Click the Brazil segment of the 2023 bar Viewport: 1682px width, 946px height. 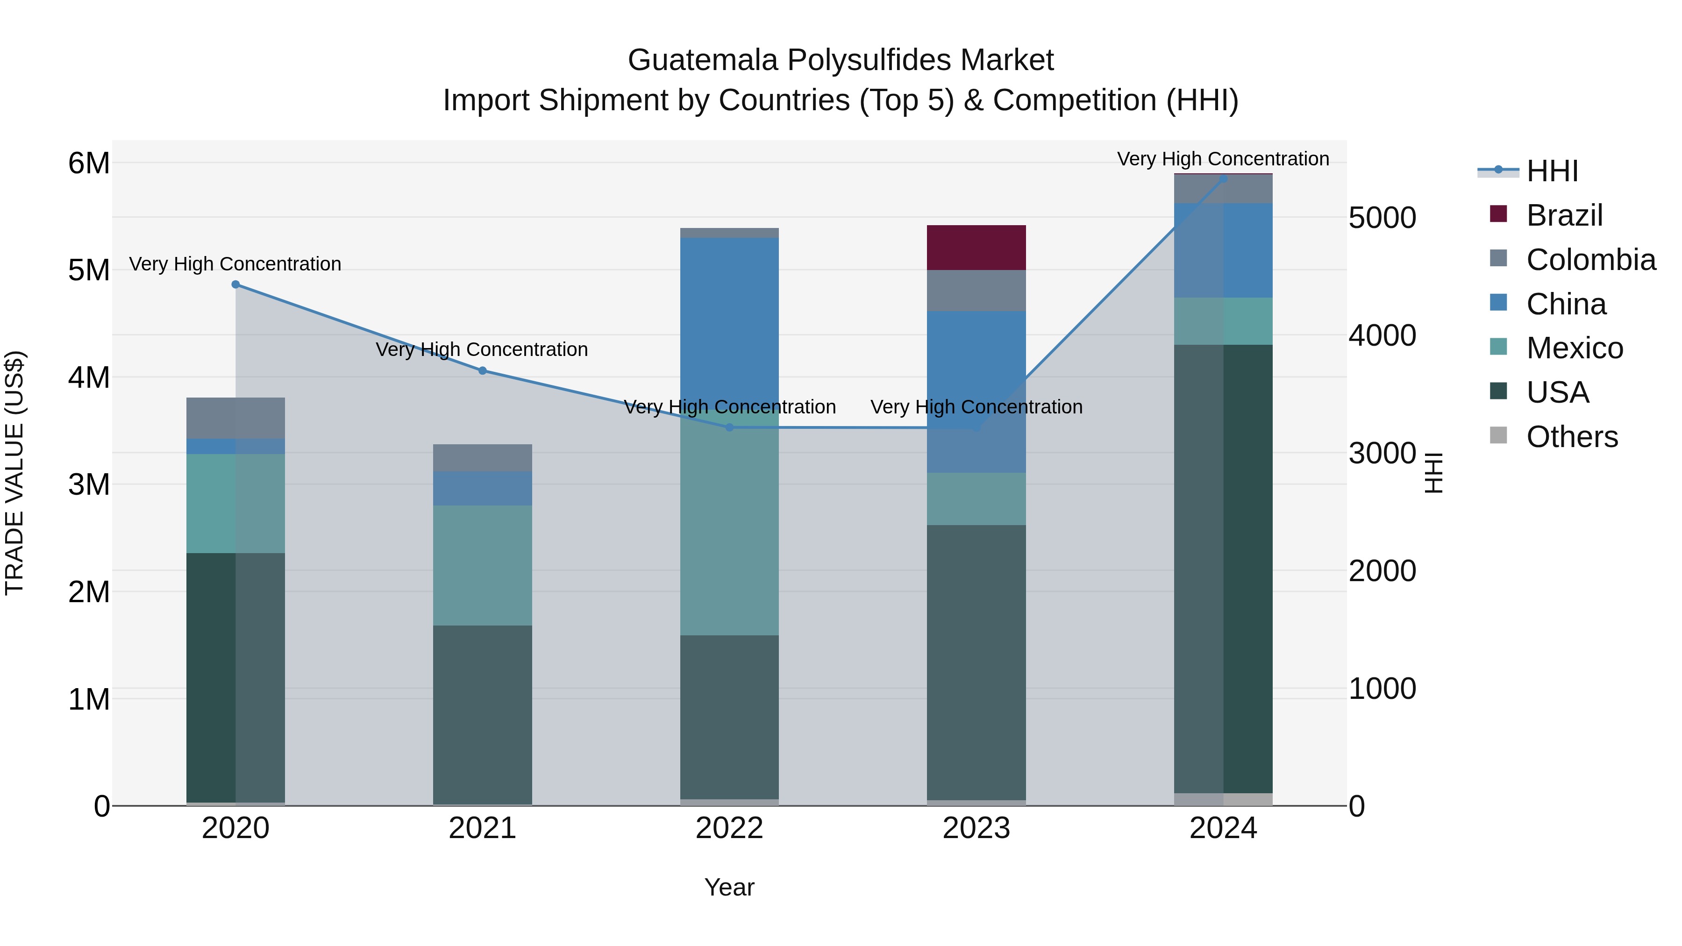click(976, 248)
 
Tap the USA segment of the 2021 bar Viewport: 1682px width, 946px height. click(483, 715)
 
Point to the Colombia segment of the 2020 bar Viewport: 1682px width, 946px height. click(236, 418)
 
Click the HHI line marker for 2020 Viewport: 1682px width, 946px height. click(236, 285)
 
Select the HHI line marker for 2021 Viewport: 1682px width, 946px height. click(483, 371)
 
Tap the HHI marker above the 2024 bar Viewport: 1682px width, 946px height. click(1223, 179)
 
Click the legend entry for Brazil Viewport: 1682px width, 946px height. click(1564, 215)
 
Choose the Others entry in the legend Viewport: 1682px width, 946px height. click(1572, 437)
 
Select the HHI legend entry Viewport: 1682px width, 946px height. click(1552, 171)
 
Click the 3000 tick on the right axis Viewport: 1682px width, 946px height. click(1383, 454)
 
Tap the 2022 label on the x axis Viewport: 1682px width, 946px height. click(729, 828)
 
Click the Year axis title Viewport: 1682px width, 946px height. click(729, 887)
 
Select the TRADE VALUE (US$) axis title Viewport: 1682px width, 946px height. click(14, 473)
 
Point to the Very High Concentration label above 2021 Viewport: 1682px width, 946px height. click(482, 350)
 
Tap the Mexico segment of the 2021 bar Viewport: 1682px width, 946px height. click(483, 565)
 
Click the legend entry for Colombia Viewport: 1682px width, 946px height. click(1590, 260)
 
